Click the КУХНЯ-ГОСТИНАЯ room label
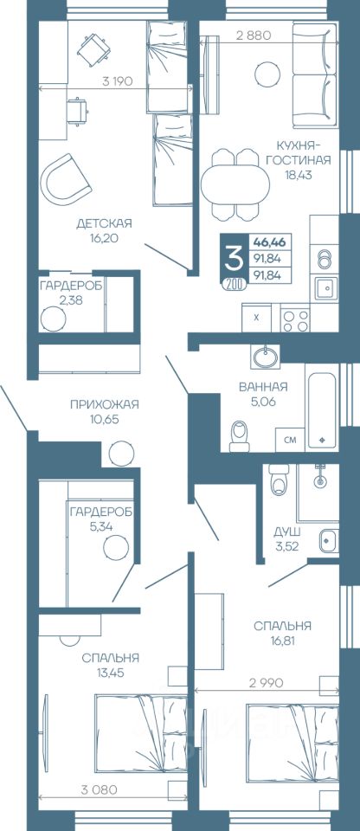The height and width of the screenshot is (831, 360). pos(299,153)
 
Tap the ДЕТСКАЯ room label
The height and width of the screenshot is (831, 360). pos(104,223)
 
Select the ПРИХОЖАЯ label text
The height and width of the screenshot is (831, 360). pos(105,405)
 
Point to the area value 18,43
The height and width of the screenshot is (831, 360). pos(298,175)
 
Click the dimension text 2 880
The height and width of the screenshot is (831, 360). pos(254,35)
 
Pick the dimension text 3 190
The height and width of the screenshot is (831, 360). pos(117,81)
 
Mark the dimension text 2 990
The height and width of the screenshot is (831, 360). pos(266,683)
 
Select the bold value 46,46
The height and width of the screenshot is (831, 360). pos(270,242)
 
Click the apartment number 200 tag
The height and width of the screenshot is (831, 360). pos(235,285)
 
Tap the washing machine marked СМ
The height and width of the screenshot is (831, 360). pos(290,440)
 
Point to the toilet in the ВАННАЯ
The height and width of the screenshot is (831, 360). pos(241,435)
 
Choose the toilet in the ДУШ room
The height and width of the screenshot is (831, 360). pos(279,479)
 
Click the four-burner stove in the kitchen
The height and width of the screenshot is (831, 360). pos(295,319)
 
